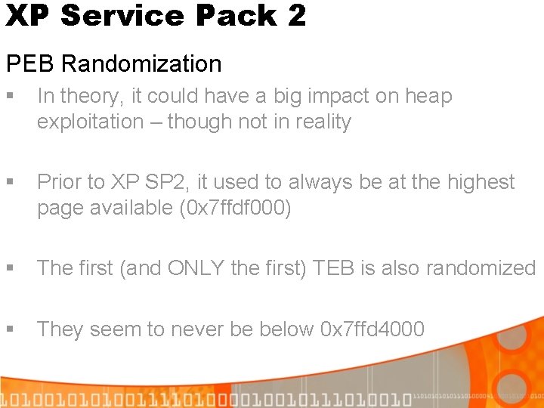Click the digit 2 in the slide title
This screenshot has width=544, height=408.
click(296, 15)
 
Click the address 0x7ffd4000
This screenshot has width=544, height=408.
click(372, 329)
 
